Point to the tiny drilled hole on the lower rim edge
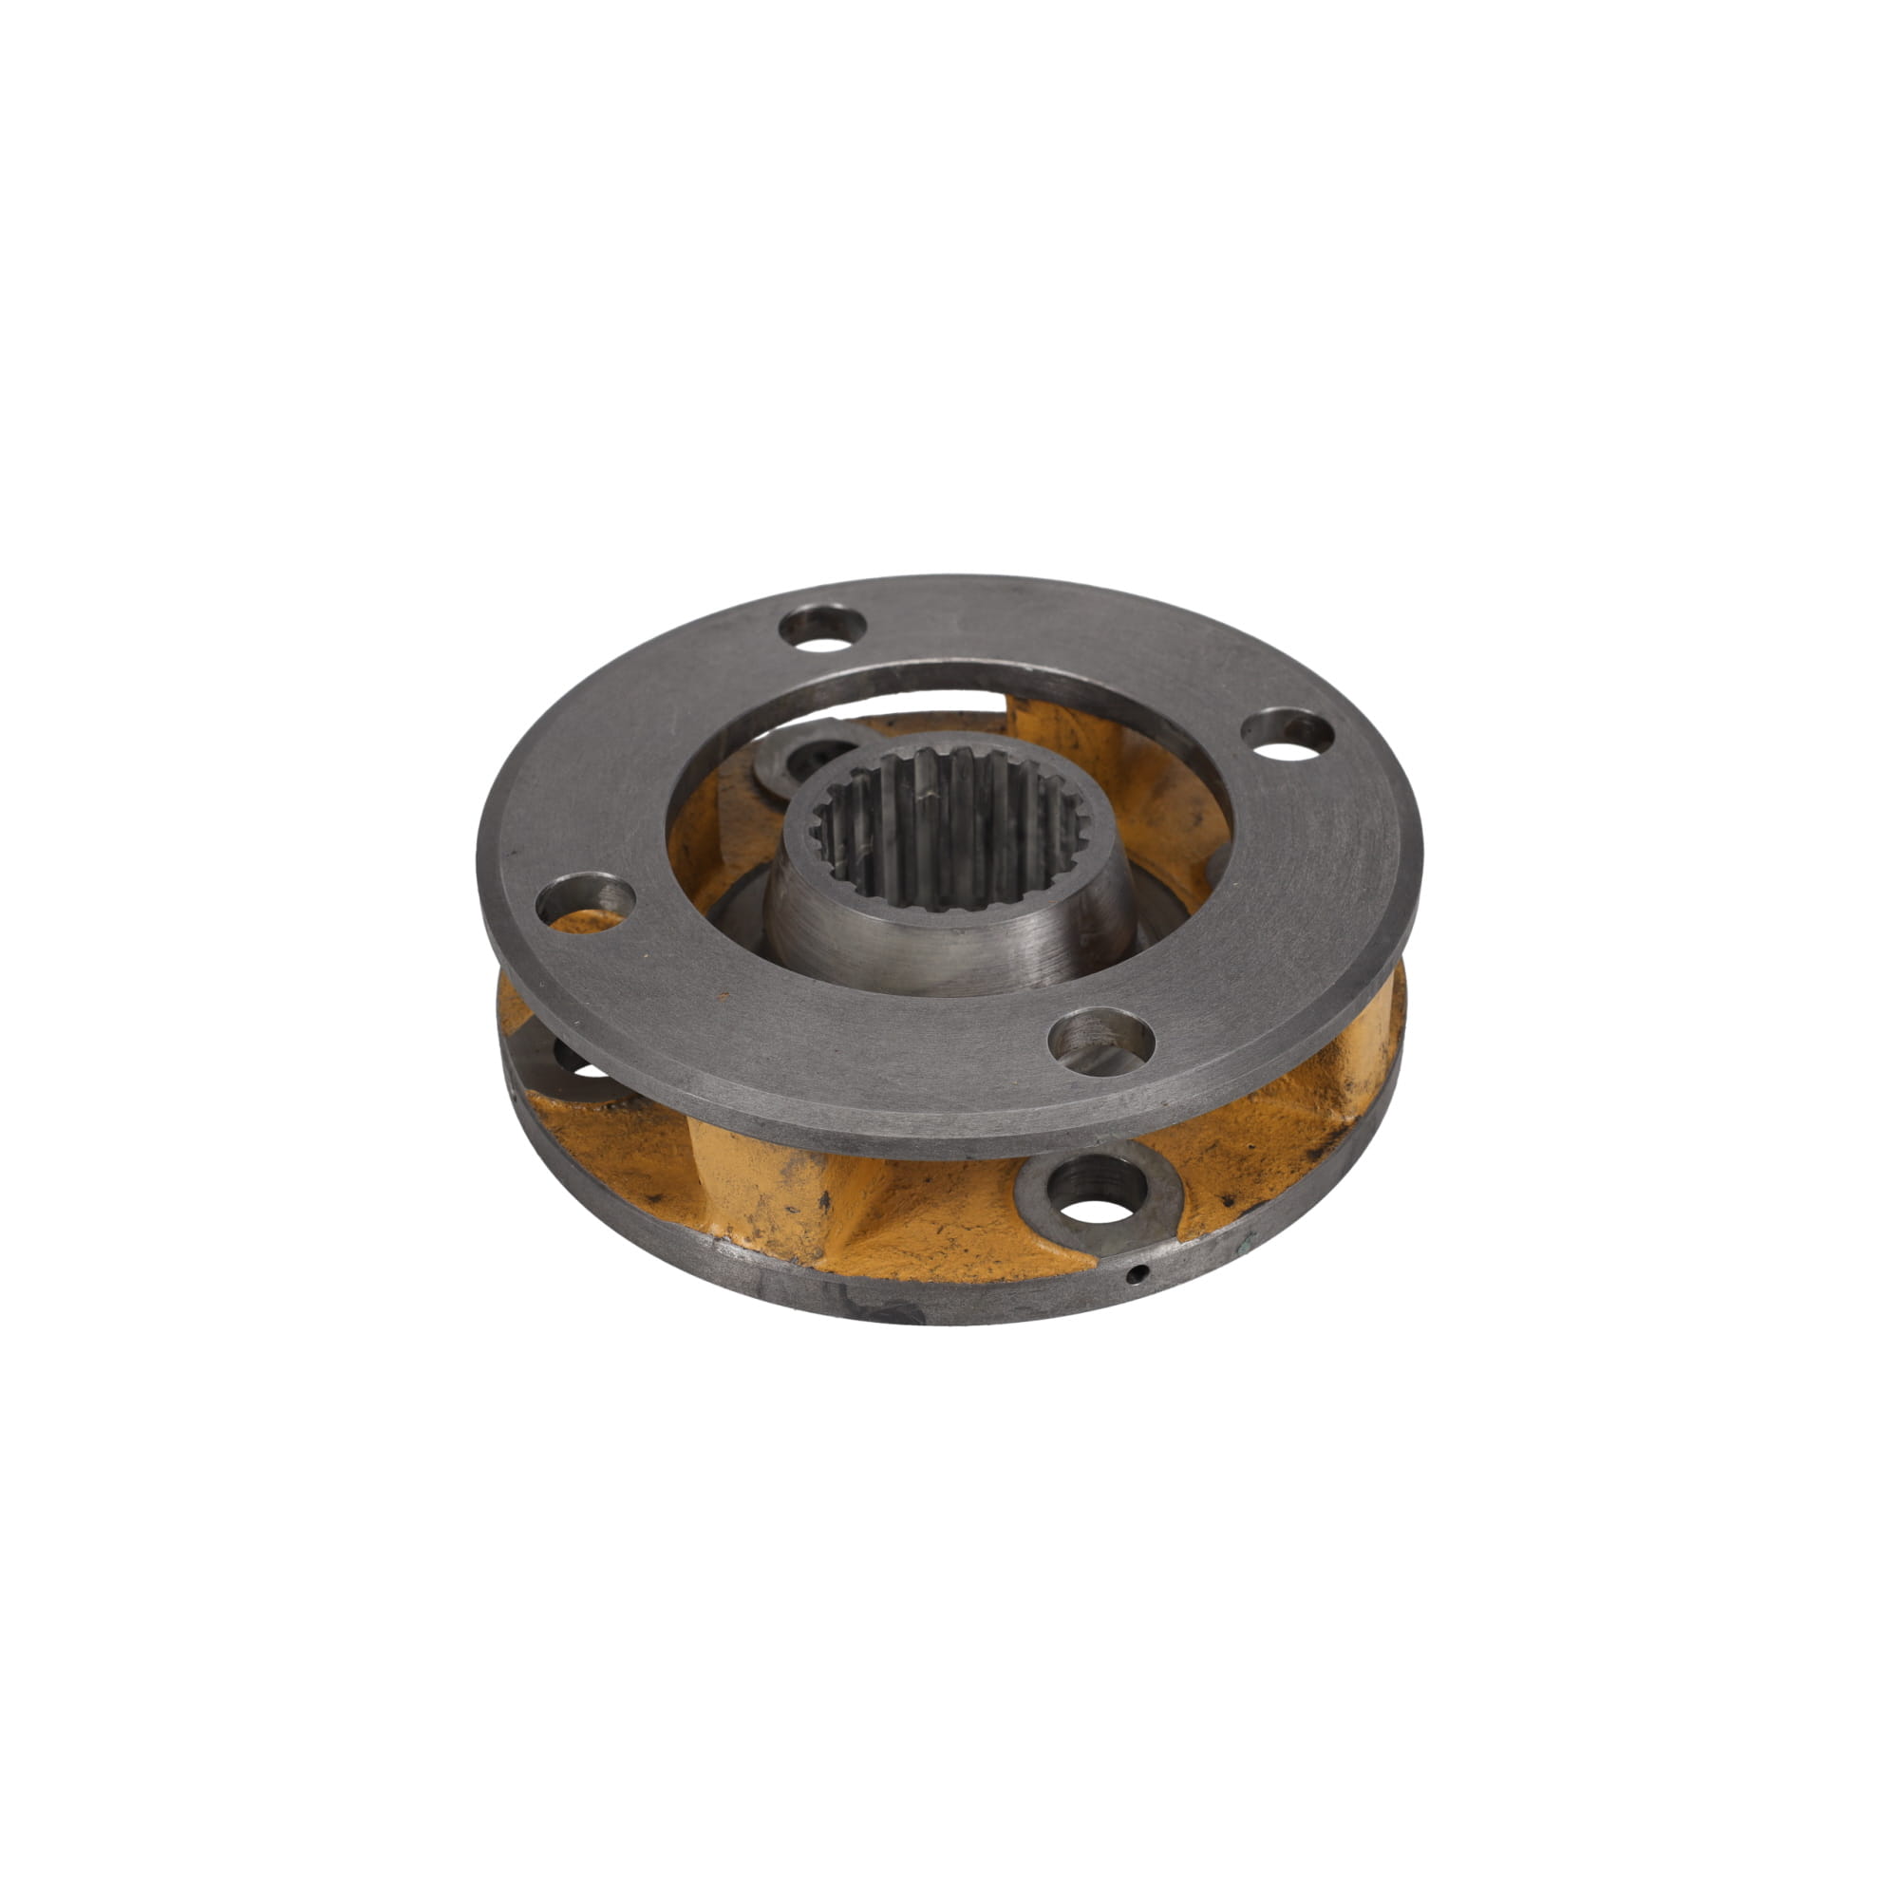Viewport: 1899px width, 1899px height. tap(1137, 1275)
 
